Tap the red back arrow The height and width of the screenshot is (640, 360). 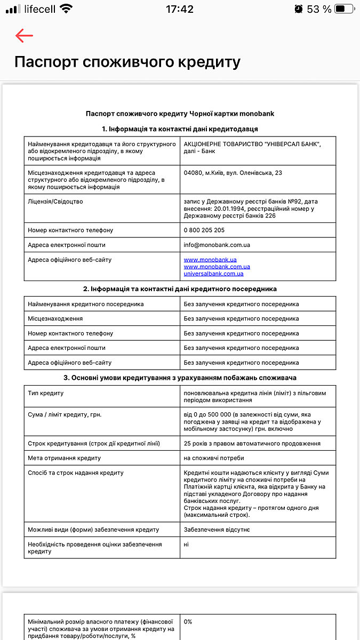pos(24,36)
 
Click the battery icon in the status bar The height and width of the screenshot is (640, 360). pos(345,9)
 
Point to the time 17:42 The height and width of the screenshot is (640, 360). pos(180,9)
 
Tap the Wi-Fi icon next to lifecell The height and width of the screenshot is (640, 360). pos(66,9)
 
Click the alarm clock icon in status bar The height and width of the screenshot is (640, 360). pos(299,9)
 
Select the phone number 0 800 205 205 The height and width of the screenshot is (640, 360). pos(204,230)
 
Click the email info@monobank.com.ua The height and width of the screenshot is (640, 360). pos(217,245)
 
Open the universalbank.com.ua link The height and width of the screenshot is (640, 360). pos(213,274)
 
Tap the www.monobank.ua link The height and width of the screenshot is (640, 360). pos(210,260)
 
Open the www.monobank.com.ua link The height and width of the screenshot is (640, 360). pos(217,267)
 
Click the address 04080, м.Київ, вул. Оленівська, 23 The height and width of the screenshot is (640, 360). pos(233,173)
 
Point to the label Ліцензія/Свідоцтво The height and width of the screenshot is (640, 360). pos(55,202)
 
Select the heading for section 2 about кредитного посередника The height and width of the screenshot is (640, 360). pos(180,289)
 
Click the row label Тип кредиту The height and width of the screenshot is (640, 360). pos(46,394)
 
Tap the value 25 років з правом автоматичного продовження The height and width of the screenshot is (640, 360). pos(252,444)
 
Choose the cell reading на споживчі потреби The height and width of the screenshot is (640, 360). pos(214,458)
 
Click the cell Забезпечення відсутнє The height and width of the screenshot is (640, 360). pos(217,530)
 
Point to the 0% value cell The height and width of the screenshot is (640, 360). pos(188,622)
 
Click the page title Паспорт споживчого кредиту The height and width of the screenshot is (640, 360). pos(127,62)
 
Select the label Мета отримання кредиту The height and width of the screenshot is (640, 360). pos(64,458)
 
